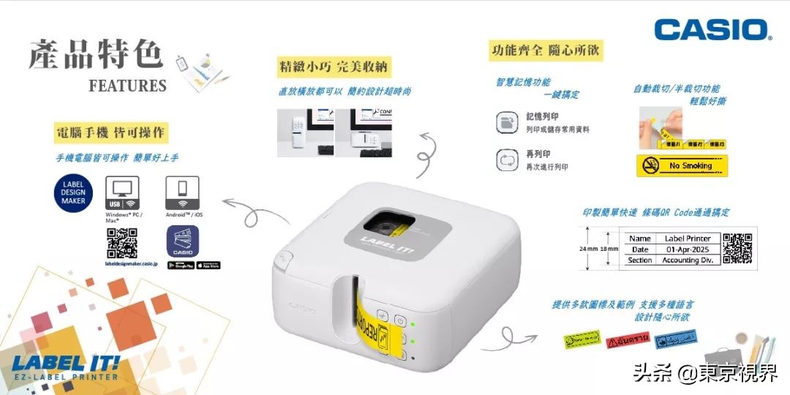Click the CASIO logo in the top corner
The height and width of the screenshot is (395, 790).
pos(713,29)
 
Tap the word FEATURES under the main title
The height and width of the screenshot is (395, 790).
pos(128,86)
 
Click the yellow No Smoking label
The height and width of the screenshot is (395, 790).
pos(682,166)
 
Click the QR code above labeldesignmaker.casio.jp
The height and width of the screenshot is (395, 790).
pos(122,243)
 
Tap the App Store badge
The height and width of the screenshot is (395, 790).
pos(208,265)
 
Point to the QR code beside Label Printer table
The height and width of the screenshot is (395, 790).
pos(737,248)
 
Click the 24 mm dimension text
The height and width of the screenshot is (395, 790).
pos(588,249)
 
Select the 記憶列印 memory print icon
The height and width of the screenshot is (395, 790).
pos(506,122)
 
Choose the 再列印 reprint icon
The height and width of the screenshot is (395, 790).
pos(506,160)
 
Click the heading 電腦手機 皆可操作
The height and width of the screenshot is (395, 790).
pos(110,133)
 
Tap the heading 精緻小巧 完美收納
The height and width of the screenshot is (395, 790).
pos(333,67)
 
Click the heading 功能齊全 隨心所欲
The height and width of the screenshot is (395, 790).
pos(546,50)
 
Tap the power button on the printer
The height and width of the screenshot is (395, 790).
pos(400,320)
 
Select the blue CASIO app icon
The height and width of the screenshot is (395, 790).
pos(183,241)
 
